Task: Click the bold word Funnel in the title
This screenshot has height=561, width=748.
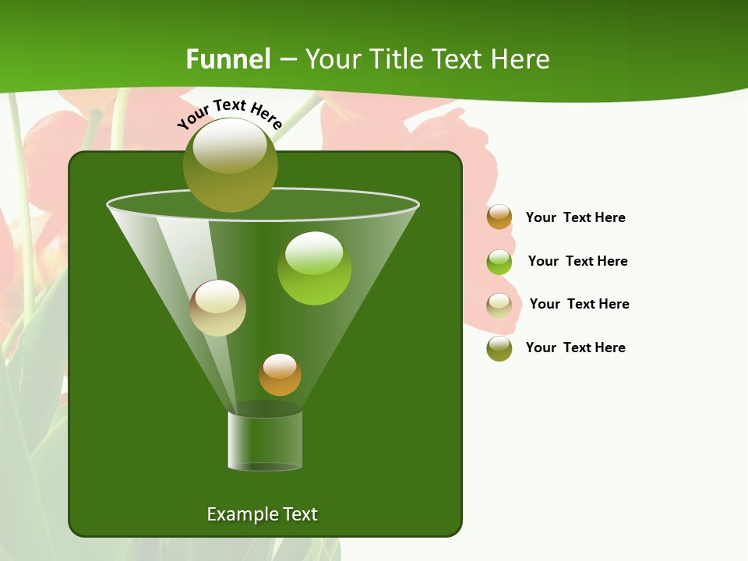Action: (x=228, y=59)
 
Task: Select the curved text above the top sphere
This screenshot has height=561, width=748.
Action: (x=230, y=113)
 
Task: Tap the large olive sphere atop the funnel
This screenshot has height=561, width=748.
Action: (x=231, y=165)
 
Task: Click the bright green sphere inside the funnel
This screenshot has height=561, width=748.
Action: (x=314, y=269)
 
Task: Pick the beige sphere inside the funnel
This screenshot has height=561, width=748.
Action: (x=217, y=308)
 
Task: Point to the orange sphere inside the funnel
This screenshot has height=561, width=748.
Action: (x=280, y=375)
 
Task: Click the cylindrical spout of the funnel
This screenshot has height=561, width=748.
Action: (x=265, y=440)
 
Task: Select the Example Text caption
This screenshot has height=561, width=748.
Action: (x=262, y=514)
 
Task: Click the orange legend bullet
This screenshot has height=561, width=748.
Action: (x=499, y=217)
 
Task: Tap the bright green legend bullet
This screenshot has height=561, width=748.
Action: (x=499, y=262)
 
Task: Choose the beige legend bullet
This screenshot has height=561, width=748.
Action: (x=499, y=305)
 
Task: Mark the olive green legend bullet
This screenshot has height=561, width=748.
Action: (x=499, y=348)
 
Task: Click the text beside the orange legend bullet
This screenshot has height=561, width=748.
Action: (x=575, y=217)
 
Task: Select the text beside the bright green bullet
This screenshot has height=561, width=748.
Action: (x=577, y=261)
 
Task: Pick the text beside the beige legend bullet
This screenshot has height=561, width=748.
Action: (x=579, y=304)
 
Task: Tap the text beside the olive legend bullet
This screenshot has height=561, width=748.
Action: (x=575, y=348)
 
